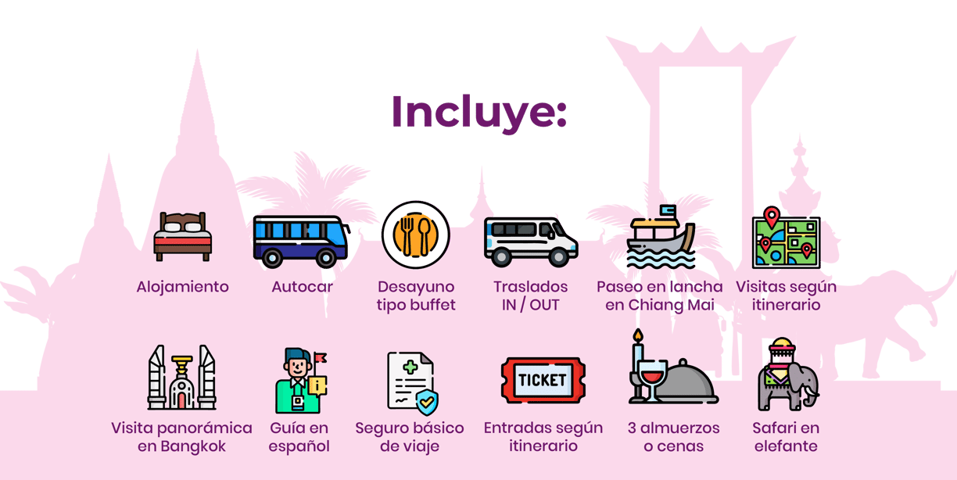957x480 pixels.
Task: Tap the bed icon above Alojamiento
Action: [182, 236]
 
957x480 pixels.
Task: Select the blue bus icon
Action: [301, 242]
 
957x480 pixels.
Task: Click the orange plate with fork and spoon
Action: [416, 235]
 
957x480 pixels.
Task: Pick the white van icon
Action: [531, 242]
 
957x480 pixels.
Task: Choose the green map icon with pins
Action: [786, 238]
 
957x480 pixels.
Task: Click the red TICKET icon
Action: [543, 380]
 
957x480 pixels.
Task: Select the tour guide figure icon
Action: [301, 381]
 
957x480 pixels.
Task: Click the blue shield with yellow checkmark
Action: [427, 401]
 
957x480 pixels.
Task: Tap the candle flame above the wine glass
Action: [638, 335]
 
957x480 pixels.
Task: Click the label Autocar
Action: [302, 287]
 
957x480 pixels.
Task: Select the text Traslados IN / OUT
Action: [531, 296]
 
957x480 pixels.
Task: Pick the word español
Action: [299, 446]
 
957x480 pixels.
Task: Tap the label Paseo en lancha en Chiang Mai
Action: [660, 296]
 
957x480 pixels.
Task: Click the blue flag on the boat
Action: [668, 210]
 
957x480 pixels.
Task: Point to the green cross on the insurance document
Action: [410, 367]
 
